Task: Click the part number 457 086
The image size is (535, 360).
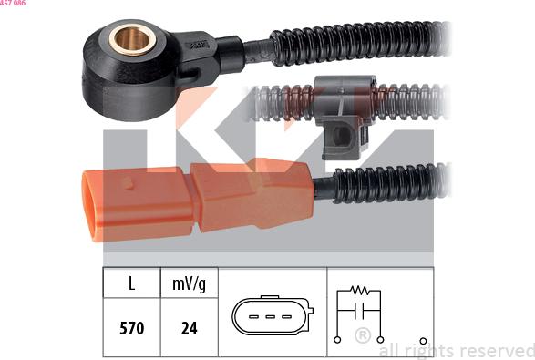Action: click(13, 4)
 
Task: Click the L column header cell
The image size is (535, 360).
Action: click(131, 283)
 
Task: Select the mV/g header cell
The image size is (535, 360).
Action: click(189, 283)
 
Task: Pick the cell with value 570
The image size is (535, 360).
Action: click(131, 327)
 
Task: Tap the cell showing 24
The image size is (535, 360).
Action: click(189, 327)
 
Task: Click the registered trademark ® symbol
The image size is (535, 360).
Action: click(361, 335)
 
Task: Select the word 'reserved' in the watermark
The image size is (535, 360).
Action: click(496, 350)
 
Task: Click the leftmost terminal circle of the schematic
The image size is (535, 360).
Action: click(338, 339)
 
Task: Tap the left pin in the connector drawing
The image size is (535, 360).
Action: click(254, 317)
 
